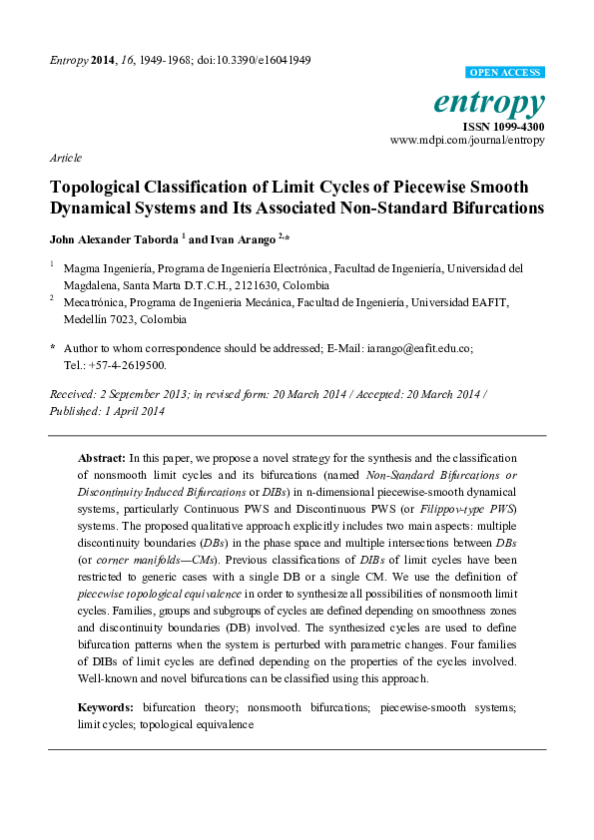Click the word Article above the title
[x=65, y=158]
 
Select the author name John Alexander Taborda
[x=112, y=239]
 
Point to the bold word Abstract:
[x=101, y=456]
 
